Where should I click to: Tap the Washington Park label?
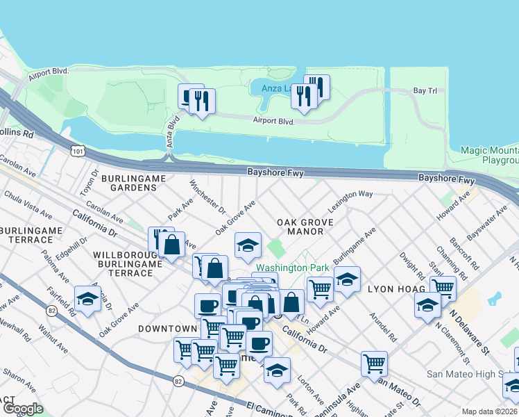tap(291, 268)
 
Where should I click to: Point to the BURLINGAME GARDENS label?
tap(133, 183)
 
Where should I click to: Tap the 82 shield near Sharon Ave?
tap(178, 381)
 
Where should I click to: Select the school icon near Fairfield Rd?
tap(88, 299)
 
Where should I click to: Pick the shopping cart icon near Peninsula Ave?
tap(374, 362)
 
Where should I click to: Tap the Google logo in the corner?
tap(23, 409)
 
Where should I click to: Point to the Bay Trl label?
tap(424, 91)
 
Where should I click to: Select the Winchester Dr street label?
tap(208, 197)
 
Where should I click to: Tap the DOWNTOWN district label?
tap(167, 328)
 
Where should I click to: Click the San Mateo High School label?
tap(472, 374)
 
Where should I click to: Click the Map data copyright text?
tap(489, 411)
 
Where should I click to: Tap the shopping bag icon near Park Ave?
tap(171, 245)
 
